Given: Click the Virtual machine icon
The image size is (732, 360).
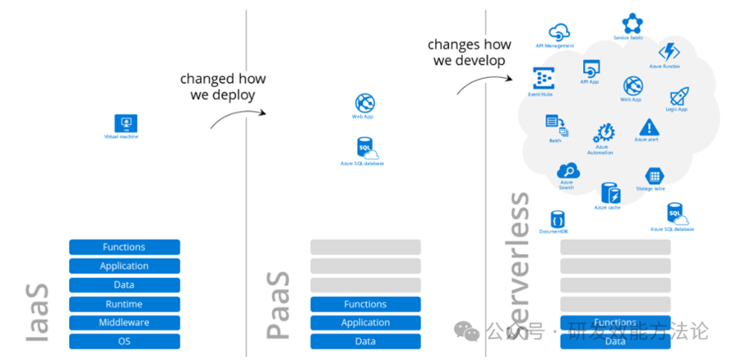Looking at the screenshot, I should coord(126,123).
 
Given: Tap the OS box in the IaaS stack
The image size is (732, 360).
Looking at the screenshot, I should coord(124,341).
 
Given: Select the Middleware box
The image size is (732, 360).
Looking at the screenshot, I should coord(124,322).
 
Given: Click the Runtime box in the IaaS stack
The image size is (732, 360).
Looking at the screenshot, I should coord(124,304).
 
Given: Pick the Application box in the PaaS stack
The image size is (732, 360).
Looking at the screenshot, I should coord(365,322).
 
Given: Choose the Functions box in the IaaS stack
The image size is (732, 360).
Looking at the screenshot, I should coord(124,247).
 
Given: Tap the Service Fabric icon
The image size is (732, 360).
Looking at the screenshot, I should coord(632,23).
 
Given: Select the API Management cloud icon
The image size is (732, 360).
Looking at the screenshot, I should coord(560,32).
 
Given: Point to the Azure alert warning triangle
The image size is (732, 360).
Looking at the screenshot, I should coord(649,127).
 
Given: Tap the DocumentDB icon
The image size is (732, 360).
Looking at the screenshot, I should coord(557,219).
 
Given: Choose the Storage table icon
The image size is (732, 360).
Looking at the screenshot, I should coord(654,176).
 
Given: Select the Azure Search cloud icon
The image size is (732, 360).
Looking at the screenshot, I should coord(568,171).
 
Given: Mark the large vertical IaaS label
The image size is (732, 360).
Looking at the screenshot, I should coord(37,312).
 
